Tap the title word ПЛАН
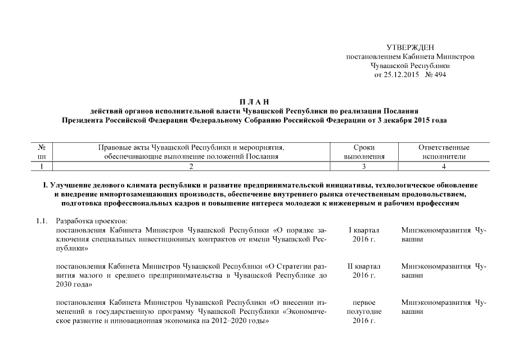tap(254, 101)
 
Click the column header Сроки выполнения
tap(364, 152)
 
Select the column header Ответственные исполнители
tap(443, 152)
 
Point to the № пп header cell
tap(41, 152)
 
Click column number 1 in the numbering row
tap(41, 166)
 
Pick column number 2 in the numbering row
tap(191, 166)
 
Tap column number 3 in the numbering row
tap(364, 166)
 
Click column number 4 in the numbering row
tap(443, 166)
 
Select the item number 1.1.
tap(40, 221)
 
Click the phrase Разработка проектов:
tap(88, 221)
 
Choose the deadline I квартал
tap(364, 231)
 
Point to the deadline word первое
tap(364, 303)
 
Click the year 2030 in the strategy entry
tap(66, 284)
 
